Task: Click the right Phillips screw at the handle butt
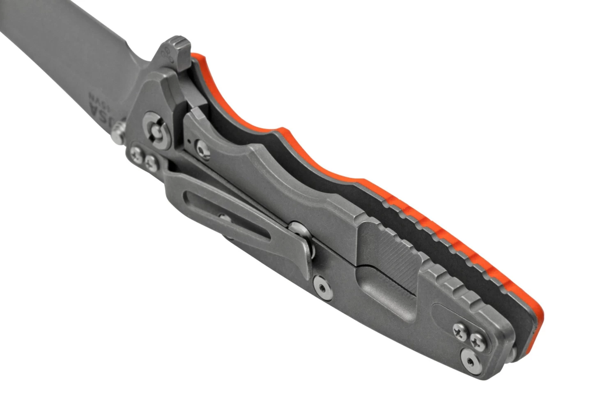[x=478, y=339]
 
